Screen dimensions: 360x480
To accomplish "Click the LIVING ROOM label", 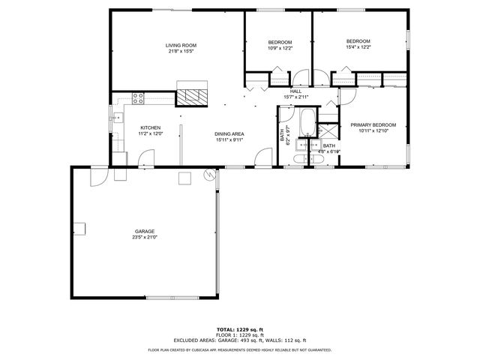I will pos(181,46).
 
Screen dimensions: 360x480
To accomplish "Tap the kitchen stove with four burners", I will pos(138,95).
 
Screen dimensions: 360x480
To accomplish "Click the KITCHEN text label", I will pos(151,127).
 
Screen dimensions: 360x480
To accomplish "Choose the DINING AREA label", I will pos(229,133).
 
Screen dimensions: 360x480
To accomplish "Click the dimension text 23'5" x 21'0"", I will pos(145,237).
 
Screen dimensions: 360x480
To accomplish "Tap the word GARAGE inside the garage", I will pos(145,231).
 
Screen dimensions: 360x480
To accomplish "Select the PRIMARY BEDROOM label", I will pos(373,124).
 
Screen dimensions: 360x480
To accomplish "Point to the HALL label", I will pos(295,91).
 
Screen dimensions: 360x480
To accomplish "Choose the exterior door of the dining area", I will pos(262,158).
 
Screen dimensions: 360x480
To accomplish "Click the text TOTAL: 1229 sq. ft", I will pos(240,329).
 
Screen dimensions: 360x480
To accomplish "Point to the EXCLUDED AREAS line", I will pos(240,339).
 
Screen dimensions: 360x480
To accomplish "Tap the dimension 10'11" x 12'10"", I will pos(373,131).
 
